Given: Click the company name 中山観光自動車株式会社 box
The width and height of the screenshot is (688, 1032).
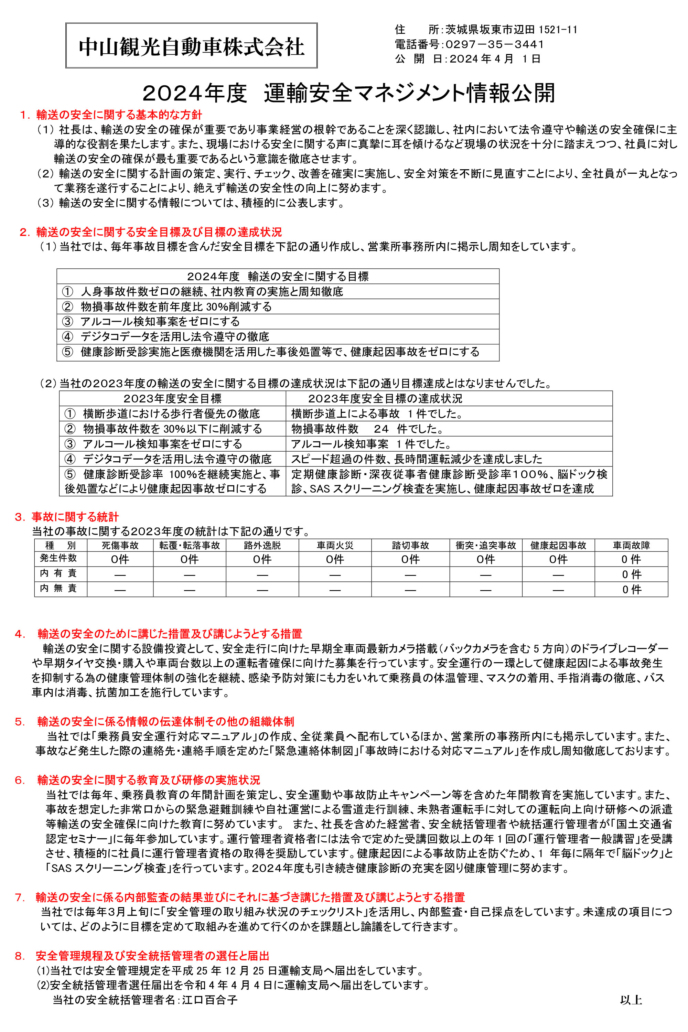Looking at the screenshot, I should point(191,46).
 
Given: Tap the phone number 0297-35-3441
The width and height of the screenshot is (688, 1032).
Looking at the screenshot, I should point(495,44).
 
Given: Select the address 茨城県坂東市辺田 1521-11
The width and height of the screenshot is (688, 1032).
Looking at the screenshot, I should point(511,29).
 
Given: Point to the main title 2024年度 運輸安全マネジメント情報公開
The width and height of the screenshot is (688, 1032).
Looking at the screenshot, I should point(349,93).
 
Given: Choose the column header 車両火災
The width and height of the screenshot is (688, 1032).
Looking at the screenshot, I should point(335,545).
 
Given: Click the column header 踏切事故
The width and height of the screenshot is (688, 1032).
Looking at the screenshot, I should point(410,545).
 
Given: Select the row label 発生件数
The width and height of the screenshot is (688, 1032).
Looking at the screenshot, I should point(58,558).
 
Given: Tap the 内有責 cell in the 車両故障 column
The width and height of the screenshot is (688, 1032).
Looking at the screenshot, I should point(631,574).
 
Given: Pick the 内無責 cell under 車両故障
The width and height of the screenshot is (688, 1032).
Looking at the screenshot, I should point(631,589).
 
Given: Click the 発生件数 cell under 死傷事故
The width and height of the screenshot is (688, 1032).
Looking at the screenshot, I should point(120,559).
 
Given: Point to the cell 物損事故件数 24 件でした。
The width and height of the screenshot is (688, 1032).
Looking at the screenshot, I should point(368,429).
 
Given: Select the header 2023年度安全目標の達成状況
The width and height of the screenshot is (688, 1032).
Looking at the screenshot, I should point(385,398).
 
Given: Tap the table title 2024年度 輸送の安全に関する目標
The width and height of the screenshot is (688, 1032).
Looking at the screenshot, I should point(278,277).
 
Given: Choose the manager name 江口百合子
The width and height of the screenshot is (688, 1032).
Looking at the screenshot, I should point(210,1000).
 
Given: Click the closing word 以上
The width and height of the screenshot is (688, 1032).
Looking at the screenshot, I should point(631,1000).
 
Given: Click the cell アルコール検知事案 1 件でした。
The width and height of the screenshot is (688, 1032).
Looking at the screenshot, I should point(371,444).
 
